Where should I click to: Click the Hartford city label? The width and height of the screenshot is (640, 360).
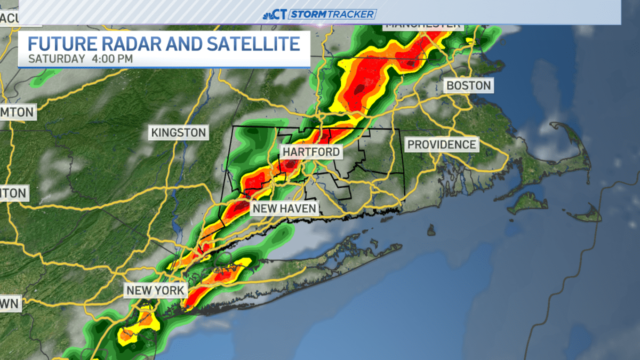(x=311, y=152)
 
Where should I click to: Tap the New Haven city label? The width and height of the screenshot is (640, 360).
(x=285, y=208)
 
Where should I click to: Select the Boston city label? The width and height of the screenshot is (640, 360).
(x=468, y=85)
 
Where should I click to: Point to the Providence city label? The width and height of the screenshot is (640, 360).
(x=441, y=144)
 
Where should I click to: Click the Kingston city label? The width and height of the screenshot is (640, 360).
(x=178, y=132)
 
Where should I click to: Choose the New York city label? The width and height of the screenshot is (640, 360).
(x=155, y=291)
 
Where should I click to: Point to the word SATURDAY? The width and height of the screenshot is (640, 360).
(x=55, y=59)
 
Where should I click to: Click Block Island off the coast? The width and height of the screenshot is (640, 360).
(x=431, y=230)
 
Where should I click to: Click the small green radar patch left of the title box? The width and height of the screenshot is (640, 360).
(x=37, y=81)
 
